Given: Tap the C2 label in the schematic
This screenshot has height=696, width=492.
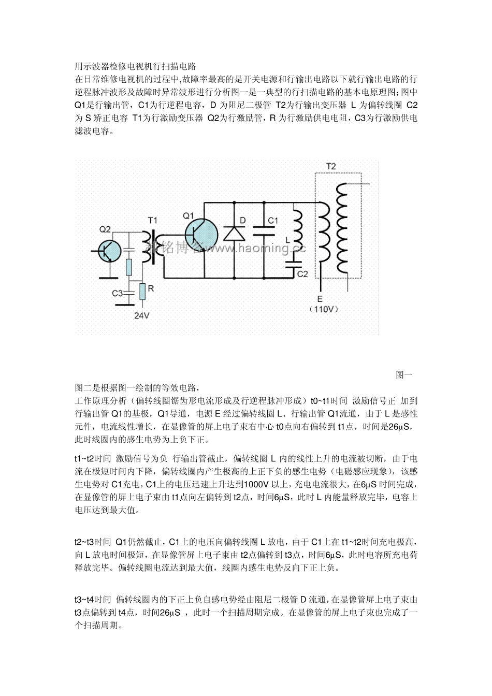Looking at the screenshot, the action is pos(302,274).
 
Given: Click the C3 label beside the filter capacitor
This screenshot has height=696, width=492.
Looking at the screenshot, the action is pos(118,293).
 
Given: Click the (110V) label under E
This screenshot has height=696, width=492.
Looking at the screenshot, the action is pos(324,309).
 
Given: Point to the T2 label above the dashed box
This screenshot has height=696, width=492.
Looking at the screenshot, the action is pos(330,166).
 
